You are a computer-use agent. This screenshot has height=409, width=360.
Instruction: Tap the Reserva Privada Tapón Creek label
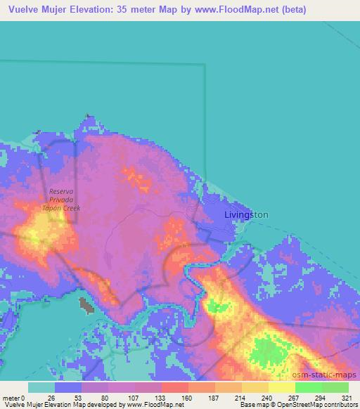[x=65, y=200]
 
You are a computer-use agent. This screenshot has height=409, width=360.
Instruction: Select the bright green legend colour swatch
[x=309, y=387]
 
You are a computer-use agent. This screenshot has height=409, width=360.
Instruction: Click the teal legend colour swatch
[x=41, y=387]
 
